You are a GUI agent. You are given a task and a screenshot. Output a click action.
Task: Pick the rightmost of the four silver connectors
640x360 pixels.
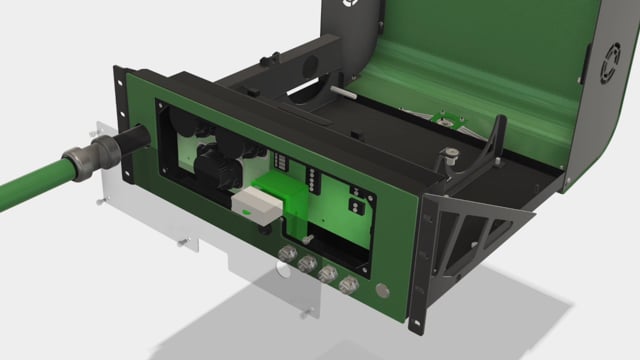click(349, 286)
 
